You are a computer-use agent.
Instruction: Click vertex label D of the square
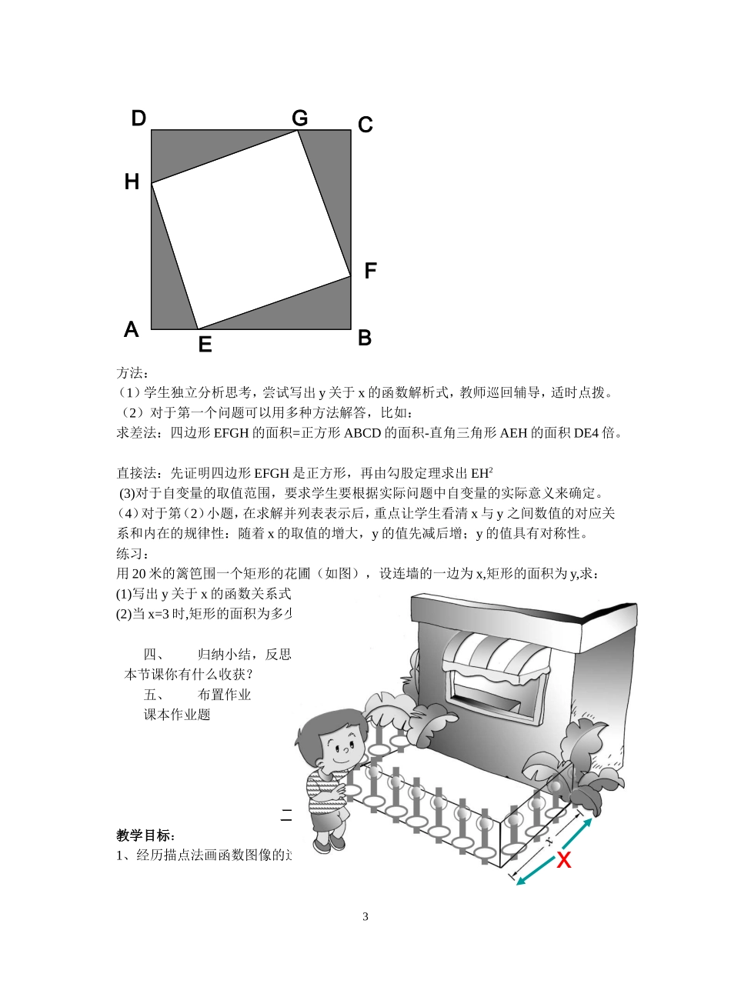click(139, 118)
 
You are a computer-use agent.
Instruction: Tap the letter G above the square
click(300, 118)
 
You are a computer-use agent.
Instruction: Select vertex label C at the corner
click(365, 125)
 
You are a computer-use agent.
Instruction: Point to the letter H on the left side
click(132, 182)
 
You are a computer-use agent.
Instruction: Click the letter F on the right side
click(370, 271)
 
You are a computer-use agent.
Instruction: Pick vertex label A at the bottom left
click(132, 330)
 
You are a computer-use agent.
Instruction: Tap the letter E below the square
click(205, 345)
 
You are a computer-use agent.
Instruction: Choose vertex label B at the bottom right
click(365, 338)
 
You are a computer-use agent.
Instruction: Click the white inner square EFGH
click(251, 229)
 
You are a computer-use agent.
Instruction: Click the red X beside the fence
click(564, 860)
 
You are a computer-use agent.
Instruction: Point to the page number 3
click(365, 916)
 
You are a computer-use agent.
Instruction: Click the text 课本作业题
click(177, 715)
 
